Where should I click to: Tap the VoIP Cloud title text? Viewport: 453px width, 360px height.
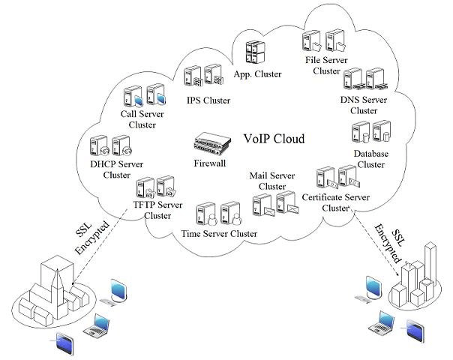pyautogui.click(x=275, y=139)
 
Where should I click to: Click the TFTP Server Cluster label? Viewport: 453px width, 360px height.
pyautogui.click(x=157, y=210)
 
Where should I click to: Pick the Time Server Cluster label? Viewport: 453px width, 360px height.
pyautogui.click(x=219, y=234)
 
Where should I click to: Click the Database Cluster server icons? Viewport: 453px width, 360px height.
pyautogui.click(x=370, y=133)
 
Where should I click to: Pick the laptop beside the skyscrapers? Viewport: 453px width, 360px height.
pyautogui.click(x=382, y=322)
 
